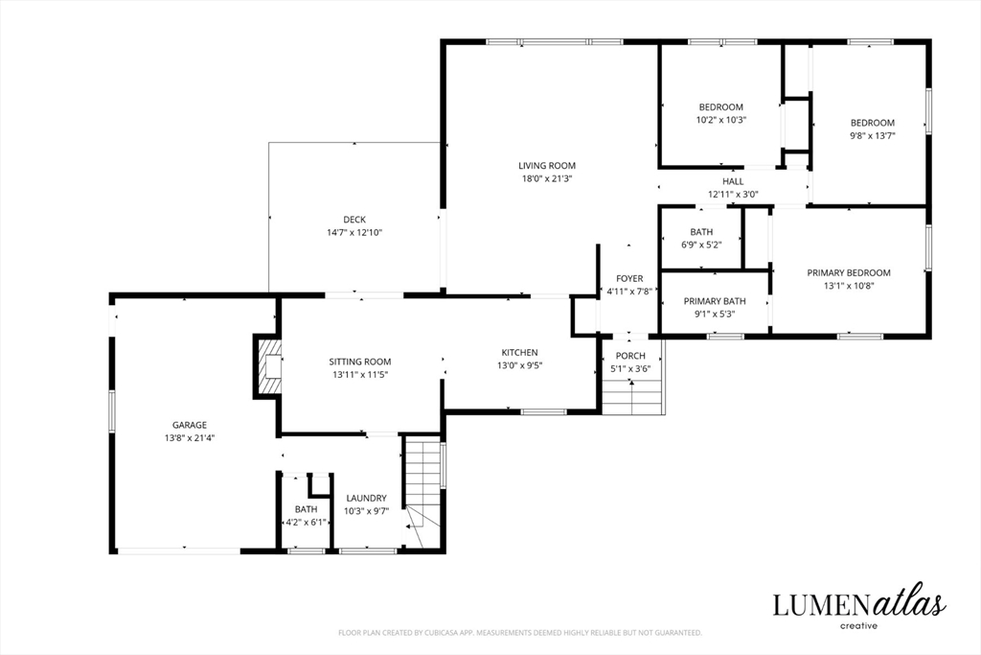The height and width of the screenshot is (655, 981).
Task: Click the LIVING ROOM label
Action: pyautogui.click(x=547, y=166)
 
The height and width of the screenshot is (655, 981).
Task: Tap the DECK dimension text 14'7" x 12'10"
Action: pyautogui.click(x=354, y=233)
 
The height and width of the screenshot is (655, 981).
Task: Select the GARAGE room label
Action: pyautogui.click(x=190, y=425)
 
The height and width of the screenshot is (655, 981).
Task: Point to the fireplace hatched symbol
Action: pyautogui.click(x=268, y=366)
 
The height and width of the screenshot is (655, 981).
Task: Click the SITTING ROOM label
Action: pyautogui.click(x=360, y=362)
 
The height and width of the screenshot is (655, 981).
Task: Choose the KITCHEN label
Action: pyautogui.click(x=519, y=353)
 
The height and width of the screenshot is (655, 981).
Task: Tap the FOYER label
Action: pyautogui.click(x=629, y=279)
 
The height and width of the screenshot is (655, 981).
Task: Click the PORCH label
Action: pyautogui.click(x=630, y=356)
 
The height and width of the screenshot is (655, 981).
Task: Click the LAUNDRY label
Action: pyautogui.click(x=367, y=499)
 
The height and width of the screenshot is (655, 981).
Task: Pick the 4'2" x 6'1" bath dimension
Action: pyautogui.click(x=306, y=523)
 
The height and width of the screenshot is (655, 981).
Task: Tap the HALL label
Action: pyautogui.click(x=733, y=181)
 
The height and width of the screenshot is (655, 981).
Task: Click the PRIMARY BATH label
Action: pyautogui.click(x=715, y=301)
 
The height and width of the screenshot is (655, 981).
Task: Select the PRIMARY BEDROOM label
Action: pyautogui.click(x=849, y=273)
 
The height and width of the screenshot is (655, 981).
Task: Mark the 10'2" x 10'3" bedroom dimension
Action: pyautogui.click(x=721, y=120)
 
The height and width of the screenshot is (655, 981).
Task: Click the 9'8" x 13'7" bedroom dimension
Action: pyautogui.click(x=872, y=136)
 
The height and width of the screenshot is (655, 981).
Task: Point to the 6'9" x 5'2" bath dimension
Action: pyautogui.click(x=701, y=245)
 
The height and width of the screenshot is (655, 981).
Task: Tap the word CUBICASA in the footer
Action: pyautogui.click(x=440, y=633)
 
